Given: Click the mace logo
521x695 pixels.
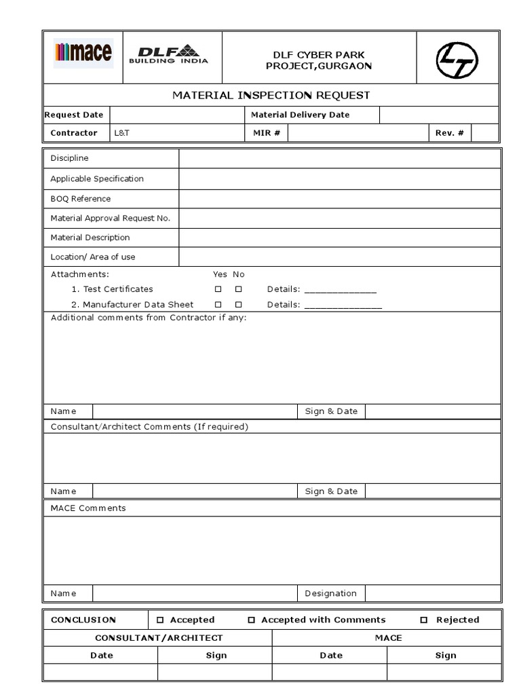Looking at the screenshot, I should point(83,53).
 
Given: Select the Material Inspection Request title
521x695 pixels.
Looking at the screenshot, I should point(271,95).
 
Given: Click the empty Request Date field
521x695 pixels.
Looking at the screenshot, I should point(176,115).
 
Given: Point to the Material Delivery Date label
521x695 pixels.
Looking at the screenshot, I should point(301,115).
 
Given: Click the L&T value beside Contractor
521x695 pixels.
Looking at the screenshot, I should point(122,133).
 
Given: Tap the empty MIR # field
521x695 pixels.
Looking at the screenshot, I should point(358,133).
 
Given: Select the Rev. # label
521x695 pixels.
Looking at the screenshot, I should point(450,133).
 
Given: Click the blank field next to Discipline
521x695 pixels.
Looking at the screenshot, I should point(339,159).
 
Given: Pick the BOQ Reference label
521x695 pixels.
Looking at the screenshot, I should point(81,199).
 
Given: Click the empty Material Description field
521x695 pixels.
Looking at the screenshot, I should point(339,238).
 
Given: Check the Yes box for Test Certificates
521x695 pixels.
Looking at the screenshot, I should point(218,289).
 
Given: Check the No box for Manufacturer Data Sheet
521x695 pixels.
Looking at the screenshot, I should point(238,305).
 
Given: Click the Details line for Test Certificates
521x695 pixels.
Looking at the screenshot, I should point(340,290).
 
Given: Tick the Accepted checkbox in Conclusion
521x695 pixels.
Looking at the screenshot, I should point(161,620).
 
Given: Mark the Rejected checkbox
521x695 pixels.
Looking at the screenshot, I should point(424,620).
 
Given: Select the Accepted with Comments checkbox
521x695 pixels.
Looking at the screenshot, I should point(252,620).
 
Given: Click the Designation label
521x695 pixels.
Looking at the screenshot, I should point(330,593).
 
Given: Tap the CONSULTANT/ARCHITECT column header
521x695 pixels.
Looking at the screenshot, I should point(159,638).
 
